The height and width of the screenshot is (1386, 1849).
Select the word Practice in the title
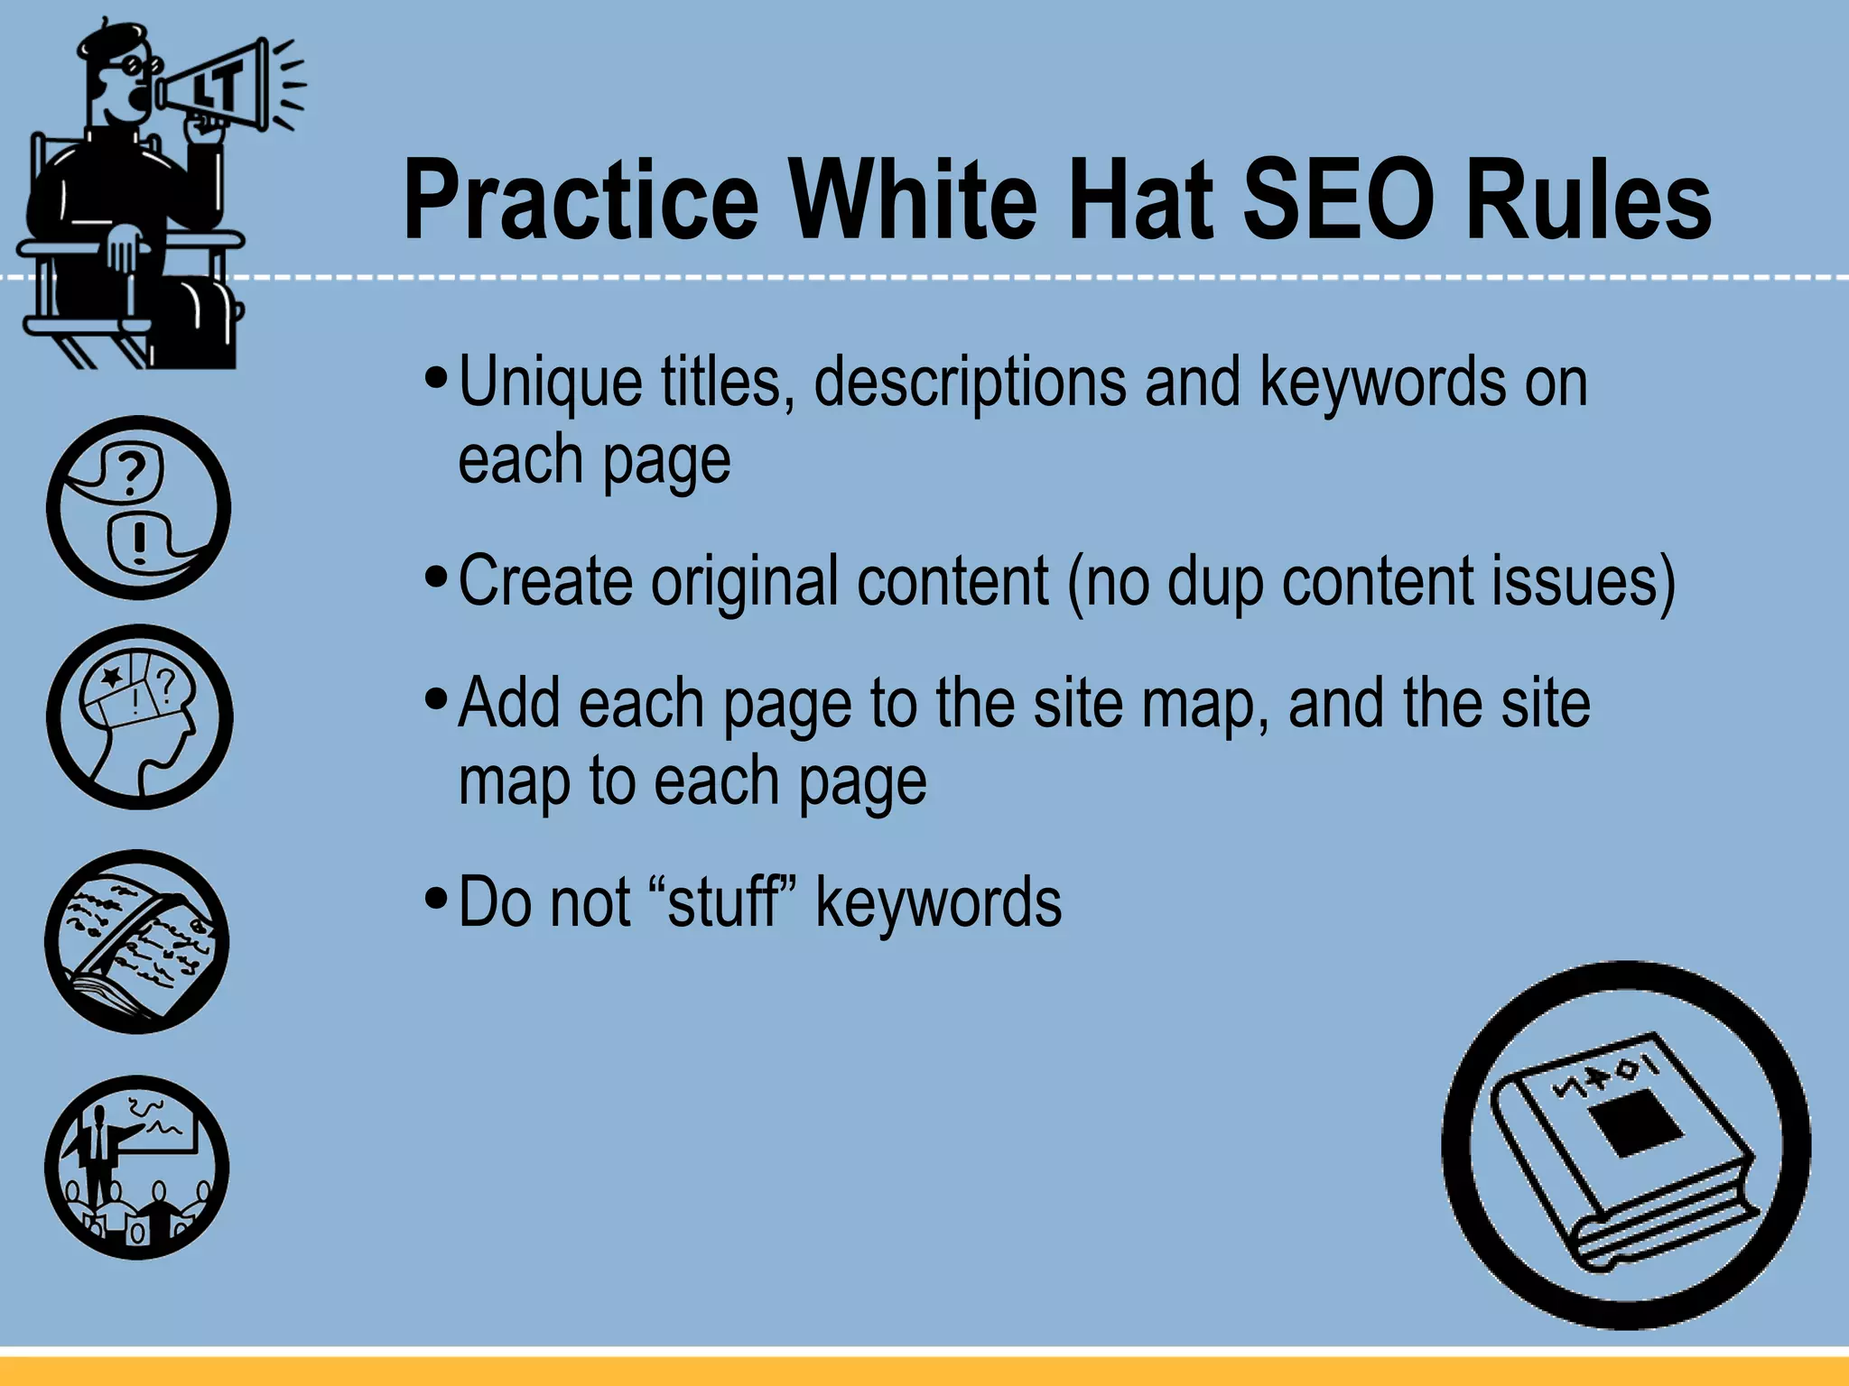(581, 200)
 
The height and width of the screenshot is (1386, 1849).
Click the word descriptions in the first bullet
(970, 382)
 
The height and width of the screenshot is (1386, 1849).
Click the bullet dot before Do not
(436, 899)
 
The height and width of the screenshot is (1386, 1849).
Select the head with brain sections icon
(139, 716)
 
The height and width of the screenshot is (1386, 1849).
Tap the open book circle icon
(137, 941)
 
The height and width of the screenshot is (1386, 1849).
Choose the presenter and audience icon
(137, 1167)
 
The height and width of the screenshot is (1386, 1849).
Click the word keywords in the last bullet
(938, 901)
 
